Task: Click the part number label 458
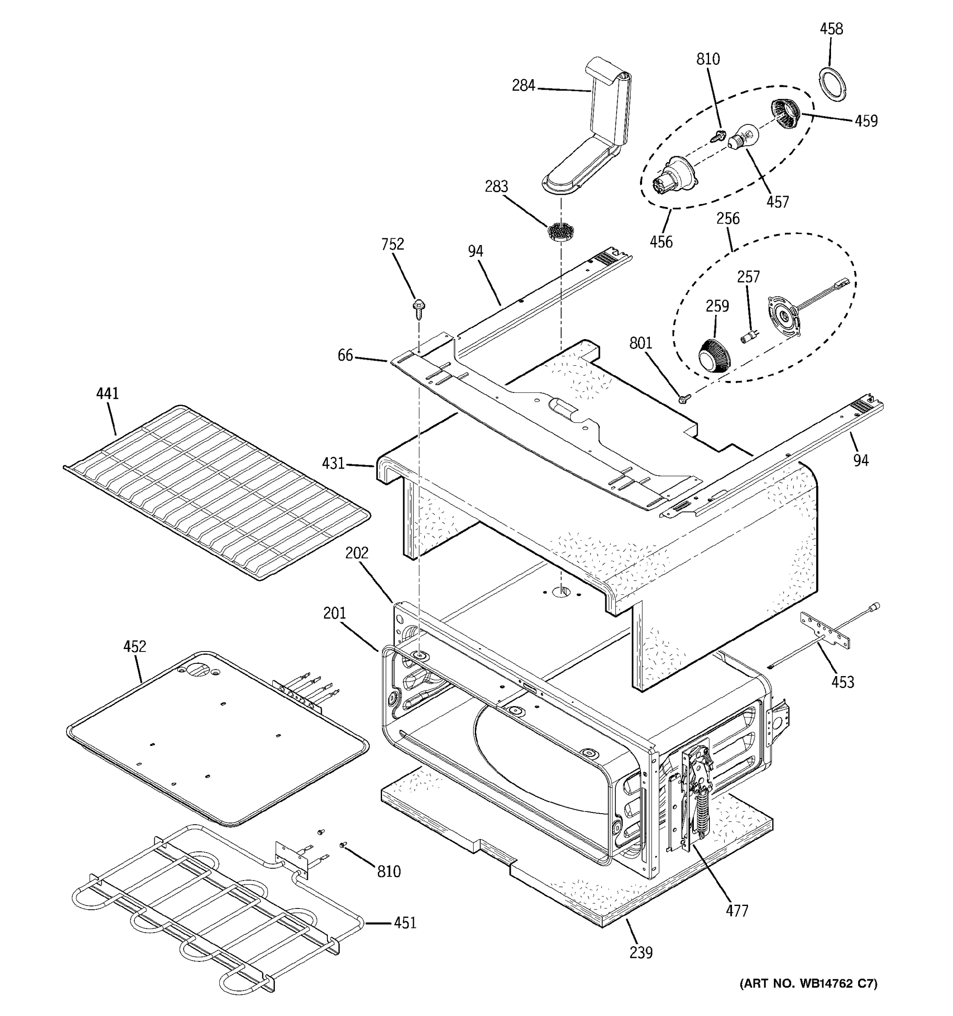[x=831, y=29]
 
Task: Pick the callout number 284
[x=524, y=86]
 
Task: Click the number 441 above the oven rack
[x=107, y=394]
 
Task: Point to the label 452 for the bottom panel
[x=134, y=646]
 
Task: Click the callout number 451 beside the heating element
[x=404, y=923]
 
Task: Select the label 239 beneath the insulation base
[x=641, y=952]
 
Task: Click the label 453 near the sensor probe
[x=842, y=681]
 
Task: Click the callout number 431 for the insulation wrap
[x=333, y=464]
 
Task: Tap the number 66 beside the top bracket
[x=345, y=355]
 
